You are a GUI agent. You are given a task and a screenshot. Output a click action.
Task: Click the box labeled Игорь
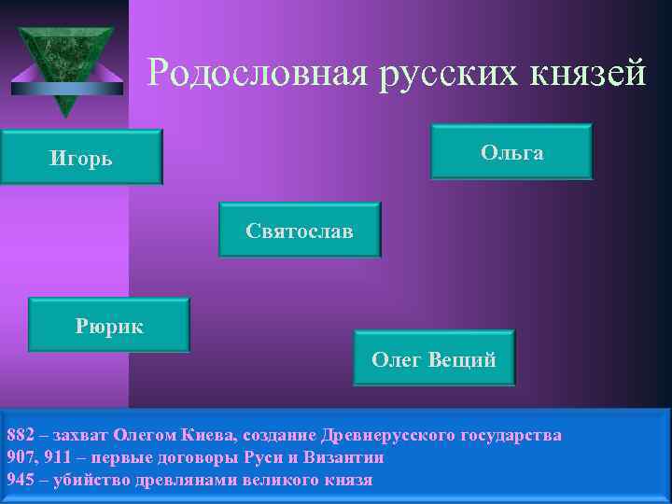81,157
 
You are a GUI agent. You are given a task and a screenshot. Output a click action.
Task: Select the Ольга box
511,151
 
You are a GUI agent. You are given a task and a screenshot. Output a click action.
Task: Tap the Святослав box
300,230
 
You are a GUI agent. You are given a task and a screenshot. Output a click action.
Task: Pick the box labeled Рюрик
109,326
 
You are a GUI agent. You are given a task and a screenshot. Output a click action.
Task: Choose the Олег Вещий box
434,358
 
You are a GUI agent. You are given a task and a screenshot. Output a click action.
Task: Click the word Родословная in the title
256,72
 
